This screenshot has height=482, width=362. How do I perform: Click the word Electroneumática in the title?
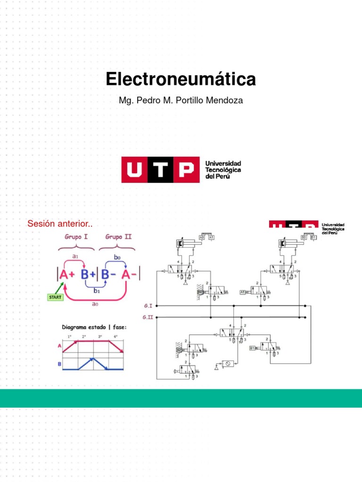(181, 80)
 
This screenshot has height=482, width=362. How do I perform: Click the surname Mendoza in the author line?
(225, 101)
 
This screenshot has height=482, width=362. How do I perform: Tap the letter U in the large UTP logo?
(134, 170)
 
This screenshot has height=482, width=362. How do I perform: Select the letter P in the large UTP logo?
(186, 170)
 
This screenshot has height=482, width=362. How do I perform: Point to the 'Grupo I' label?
(76, 237)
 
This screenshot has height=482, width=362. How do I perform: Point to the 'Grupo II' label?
(118, 237)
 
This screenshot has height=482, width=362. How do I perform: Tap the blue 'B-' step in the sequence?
(107, 274)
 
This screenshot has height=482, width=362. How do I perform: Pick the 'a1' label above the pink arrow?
(75, 257)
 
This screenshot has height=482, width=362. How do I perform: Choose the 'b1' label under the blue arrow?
(97, 291)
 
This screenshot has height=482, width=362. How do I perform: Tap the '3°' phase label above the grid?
(100, 337)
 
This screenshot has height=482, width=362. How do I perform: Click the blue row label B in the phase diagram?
(60, 363)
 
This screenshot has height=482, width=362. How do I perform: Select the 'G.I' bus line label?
(148, 305)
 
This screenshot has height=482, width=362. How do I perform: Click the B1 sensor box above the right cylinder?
(313, 238)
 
